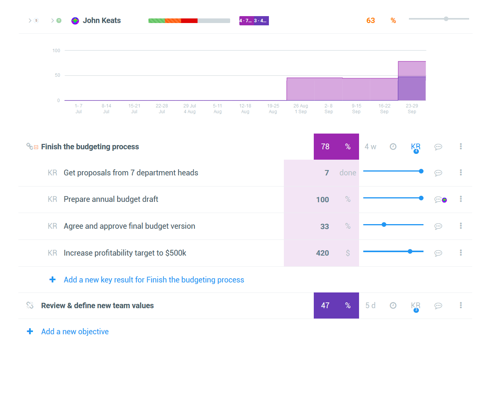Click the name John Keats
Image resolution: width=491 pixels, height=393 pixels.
coord(102,21)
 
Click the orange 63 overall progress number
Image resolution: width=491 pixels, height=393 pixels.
coord(371,21)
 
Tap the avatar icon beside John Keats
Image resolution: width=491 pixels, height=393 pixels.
coord(75,21)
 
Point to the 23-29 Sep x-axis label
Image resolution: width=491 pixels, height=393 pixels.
coord(412,109)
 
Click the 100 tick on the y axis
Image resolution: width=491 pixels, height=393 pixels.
coord(56,51)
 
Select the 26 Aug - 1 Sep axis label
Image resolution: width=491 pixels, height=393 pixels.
coord(301,109)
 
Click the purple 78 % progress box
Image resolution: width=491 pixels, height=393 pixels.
coord(336,147)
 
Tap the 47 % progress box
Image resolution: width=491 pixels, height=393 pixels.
coord(336,305)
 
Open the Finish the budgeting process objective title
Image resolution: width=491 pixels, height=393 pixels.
coord(90,147)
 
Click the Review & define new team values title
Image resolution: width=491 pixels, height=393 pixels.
coord(97,305)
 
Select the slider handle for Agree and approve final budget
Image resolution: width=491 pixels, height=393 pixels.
coord(384,225)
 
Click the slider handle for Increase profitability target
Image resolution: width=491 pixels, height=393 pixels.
coord(410,251)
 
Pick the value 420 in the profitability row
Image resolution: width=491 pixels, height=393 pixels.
coord(323,253)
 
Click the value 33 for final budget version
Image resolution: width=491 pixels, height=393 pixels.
coord(325,226)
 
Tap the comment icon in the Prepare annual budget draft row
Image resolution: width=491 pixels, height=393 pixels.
coord(438,200)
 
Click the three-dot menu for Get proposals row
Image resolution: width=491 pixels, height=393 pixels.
coord(461,172)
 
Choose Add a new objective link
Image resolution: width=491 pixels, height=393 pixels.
coord(75,332)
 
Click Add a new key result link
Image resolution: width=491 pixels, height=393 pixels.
coord(154,280)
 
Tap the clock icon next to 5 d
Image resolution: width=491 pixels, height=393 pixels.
coord(393,305)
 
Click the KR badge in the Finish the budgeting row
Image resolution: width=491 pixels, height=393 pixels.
coord(415,147)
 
